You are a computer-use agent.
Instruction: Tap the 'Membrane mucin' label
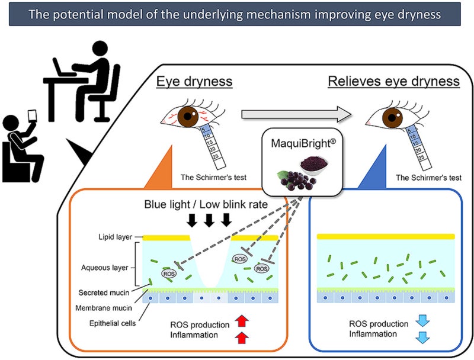pos(103,307)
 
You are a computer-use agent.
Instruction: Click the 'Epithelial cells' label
pos(107,323)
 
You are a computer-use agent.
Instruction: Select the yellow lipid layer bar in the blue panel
pos(386,236)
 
